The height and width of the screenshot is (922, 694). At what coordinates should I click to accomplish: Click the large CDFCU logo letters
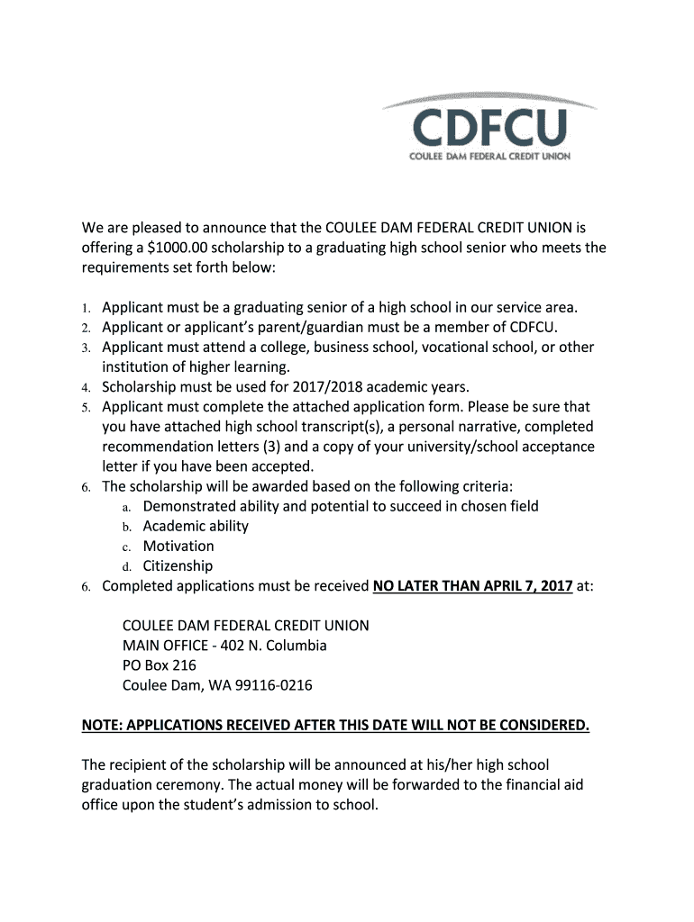point(490,129)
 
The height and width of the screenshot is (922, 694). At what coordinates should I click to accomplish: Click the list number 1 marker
point(86,308)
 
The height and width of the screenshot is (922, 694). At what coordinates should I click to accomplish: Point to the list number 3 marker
point(86,348)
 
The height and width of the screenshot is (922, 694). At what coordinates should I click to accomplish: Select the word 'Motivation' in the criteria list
point(178,546)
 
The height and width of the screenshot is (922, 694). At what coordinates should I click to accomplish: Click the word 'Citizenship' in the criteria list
point(178,565)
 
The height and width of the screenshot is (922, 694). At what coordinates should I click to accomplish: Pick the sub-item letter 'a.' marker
point(128,507)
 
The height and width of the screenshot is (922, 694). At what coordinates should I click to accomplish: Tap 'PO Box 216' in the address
point(160,665)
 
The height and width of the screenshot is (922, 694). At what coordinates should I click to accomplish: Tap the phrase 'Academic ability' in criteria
point(196,526)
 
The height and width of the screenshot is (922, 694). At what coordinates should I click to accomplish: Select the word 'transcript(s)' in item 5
point(330,427)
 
